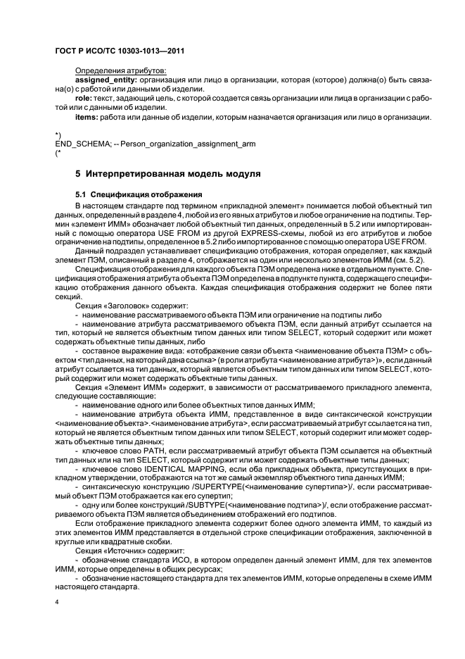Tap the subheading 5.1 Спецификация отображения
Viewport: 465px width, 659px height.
pos(138,194)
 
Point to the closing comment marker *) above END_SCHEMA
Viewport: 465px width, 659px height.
pos(57,134)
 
